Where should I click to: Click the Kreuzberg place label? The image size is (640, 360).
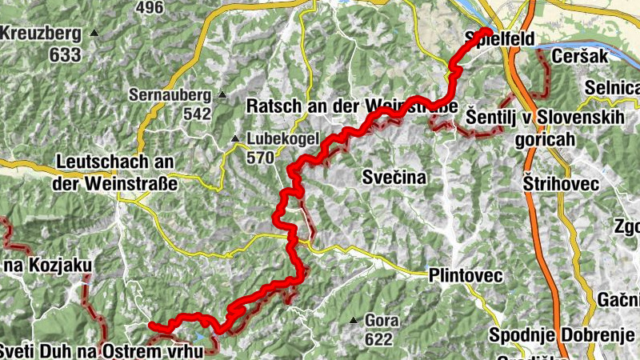pyautogui.click(x=41, y=34)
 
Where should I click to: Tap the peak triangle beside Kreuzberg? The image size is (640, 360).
pyautogui.click(x=94, y=34)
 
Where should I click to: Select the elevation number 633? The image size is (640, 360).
pyautogui.click(x=65, y=55)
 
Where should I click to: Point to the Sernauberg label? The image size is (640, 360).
pyautogui.click(x=170, y=94)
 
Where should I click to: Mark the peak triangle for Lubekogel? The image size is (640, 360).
pyautogui.click(x=235, y=138)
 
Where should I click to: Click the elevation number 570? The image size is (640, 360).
pyautogui.click(x=260, y=158)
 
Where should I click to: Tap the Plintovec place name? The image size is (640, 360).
pyautogui.click(x=466, y=275)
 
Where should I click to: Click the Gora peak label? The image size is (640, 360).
pyautogui.click(x=382, y=321)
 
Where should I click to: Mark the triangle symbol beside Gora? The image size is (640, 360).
pyautogui.click(x=354, y=322)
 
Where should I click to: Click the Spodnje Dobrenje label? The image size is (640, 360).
pyautogui.click(x=555, y=334)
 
